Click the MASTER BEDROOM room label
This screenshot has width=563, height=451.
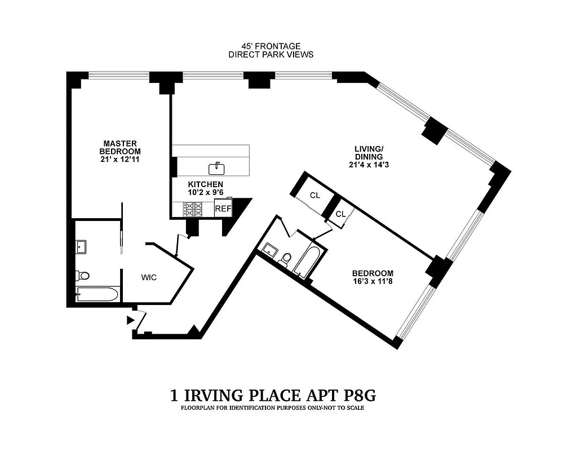click(x=120, y=147)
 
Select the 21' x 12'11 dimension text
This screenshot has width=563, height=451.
click(x=120, y=160)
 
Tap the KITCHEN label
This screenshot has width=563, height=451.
click(x=206, y=184)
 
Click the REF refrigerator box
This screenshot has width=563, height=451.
click(x=223, y=209)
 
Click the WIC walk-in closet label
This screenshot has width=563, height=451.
click(x=149, y=277)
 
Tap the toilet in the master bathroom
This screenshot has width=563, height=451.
click(x=82, y=275)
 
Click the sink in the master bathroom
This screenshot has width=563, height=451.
click(x=81, y=246)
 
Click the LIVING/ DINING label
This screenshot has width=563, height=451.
click(x=369, y=152)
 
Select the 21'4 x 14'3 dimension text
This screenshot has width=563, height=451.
click(x=369, y=165)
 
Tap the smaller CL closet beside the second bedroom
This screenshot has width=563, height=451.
click(x=340, y=214)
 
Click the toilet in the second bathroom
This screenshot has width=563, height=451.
click(x=286, y=259)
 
